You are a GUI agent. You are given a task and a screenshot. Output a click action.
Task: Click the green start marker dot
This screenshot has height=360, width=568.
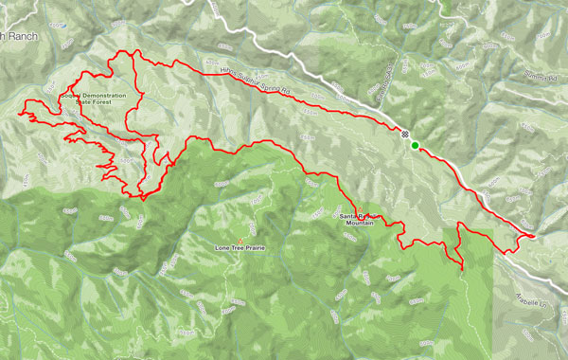tap(416, 145)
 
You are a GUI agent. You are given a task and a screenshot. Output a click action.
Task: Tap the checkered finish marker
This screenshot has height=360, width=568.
tap(405, 135)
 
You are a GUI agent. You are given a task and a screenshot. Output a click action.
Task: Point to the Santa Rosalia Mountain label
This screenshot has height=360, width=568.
tap(359, 221)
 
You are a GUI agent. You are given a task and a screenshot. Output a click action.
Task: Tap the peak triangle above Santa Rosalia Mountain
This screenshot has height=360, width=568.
tap(360, 209)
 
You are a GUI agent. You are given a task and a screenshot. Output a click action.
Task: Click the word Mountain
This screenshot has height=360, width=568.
tap(359, 225)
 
